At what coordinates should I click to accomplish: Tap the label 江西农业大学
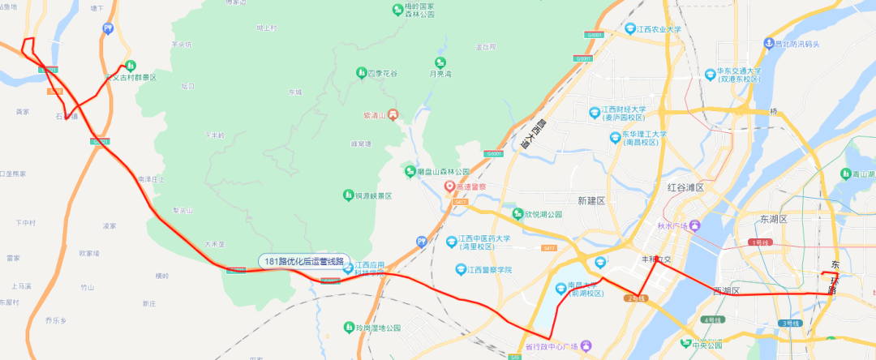659,29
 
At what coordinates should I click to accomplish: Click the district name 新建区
591,199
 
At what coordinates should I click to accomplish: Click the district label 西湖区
726,289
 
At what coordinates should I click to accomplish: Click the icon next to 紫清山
393,115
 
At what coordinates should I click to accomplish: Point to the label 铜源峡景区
372,196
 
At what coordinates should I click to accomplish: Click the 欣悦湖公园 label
543,214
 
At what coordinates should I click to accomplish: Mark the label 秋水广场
672,225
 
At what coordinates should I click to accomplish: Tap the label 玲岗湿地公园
377,328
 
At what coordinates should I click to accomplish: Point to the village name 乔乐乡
56,321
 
